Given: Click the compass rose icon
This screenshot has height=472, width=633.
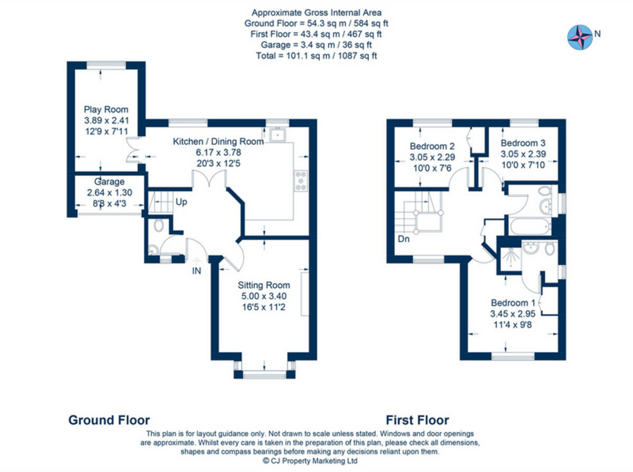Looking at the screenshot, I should pyautogui.click(x=579, y=37).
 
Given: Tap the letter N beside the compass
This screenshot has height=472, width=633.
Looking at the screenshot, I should pyautogui.click(x=597, y=34).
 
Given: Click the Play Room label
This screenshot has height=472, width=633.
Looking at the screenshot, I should pyautogui.click(x=106, y=110).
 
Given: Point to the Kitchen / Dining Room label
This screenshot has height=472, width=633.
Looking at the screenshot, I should pyautogui.click(x=218, y=141).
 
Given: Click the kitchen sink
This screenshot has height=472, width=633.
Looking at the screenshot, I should pyautogui.click(x=276, y=135).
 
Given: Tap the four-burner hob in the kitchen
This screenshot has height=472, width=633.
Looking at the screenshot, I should pyautogui.click(x=301, y=180).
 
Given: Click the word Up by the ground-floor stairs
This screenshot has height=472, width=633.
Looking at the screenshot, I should pyautogui.click(x=181, y=202).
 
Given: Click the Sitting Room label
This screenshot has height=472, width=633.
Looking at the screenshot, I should pyautogui.click(x=263, y=285).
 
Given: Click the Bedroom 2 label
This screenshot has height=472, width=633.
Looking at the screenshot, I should pyautogui.click(x=433, y=146).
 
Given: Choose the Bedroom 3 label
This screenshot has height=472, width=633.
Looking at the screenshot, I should pyautogui.click(x=523, y=143).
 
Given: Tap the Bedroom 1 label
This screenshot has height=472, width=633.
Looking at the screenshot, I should pyautogui.click(x=513, y=303).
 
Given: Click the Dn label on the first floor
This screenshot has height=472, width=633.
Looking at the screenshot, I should pyautogui.click(x=404, y=239).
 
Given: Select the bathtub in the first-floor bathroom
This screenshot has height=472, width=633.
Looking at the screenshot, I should pyautogui.click(x=529, y=228).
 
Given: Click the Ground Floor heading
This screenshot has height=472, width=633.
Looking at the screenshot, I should pyautogui.click(x=109, y=420).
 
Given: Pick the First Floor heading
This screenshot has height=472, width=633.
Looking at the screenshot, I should pyautogui.click(x=417, y=420).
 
